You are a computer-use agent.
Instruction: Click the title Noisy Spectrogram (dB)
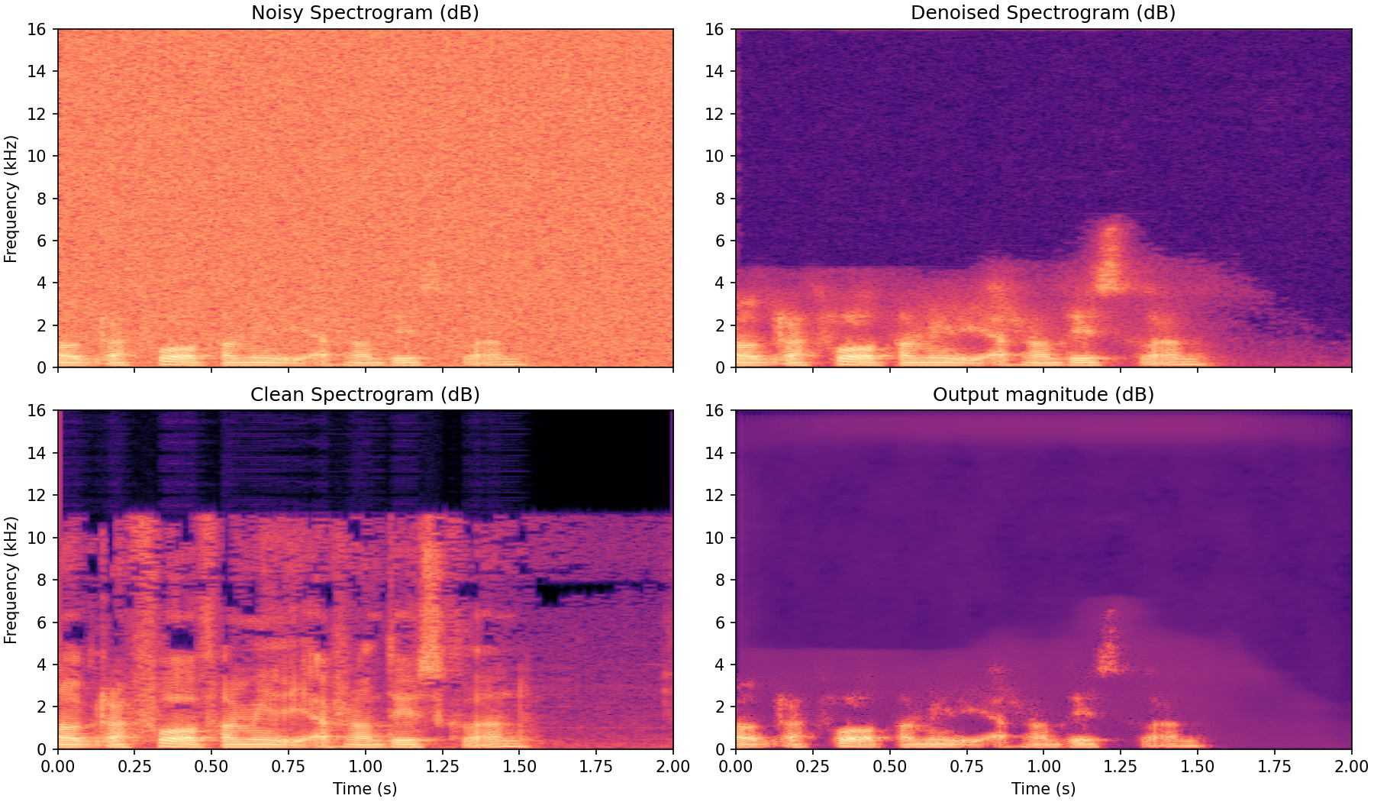coord(365,13)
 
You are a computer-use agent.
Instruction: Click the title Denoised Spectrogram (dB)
coord(1043,13)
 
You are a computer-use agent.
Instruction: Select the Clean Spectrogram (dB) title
coord(365,395)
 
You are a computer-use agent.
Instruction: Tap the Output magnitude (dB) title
coord(1043,395)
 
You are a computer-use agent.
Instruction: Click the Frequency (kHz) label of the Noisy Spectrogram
coord(11,199)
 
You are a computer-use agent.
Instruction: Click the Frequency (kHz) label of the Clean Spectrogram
coord(11,580)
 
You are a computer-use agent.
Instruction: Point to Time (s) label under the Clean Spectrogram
coord(365,789)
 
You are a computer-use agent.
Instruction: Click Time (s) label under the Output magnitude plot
coord(1043,789)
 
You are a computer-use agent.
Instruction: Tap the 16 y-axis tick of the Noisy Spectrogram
coord(38,29)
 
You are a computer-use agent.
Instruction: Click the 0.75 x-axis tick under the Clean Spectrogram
coord(289,766)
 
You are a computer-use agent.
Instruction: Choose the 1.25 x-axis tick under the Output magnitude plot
coord(1121,766)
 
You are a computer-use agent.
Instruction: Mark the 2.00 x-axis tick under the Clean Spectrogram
coord(672,766)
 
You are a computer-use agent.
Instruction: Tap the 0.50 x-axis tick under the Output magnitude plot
coord(889,766)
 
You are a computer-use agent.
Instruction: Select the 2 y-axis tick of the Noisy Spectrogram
coord(42,325)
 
